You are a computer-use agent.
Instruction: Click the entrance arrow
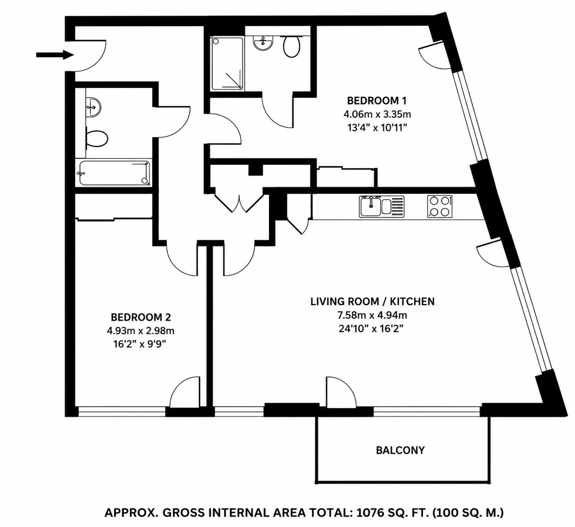[x=55, y=55]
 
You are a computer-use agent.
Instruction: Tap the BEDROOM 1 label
[x=377, y=101]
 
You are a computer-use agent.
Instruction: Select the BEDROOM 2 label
[x=141, y=317]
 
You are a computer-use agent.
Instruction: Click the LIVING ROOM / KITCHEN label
[x=372, y=301]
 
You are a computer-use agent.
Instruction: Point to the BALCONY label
[x=400, y=450]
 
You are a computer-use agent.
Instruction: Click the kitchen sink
[x=382, y=206]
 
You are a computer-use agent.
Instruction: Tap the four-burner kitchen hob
[x=440, y=206]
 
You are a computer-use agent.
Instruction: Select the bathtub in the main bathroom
[x=115, y=173]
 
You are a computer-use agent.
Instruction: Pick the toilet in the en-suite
[x=292, y=46]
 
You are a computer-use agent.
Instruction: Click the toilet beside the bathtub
[x=97, y=138]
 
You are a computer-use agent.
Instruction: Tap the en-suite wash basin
[x=263, y=43]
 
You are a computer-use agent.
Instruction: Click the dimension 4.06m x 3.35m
[x=377, y=115]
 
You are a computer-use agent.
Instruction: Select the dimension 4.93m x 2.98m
[x=141, y=331]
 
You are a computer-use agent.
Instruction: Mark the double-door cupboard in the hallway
[x=239, y=201]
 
